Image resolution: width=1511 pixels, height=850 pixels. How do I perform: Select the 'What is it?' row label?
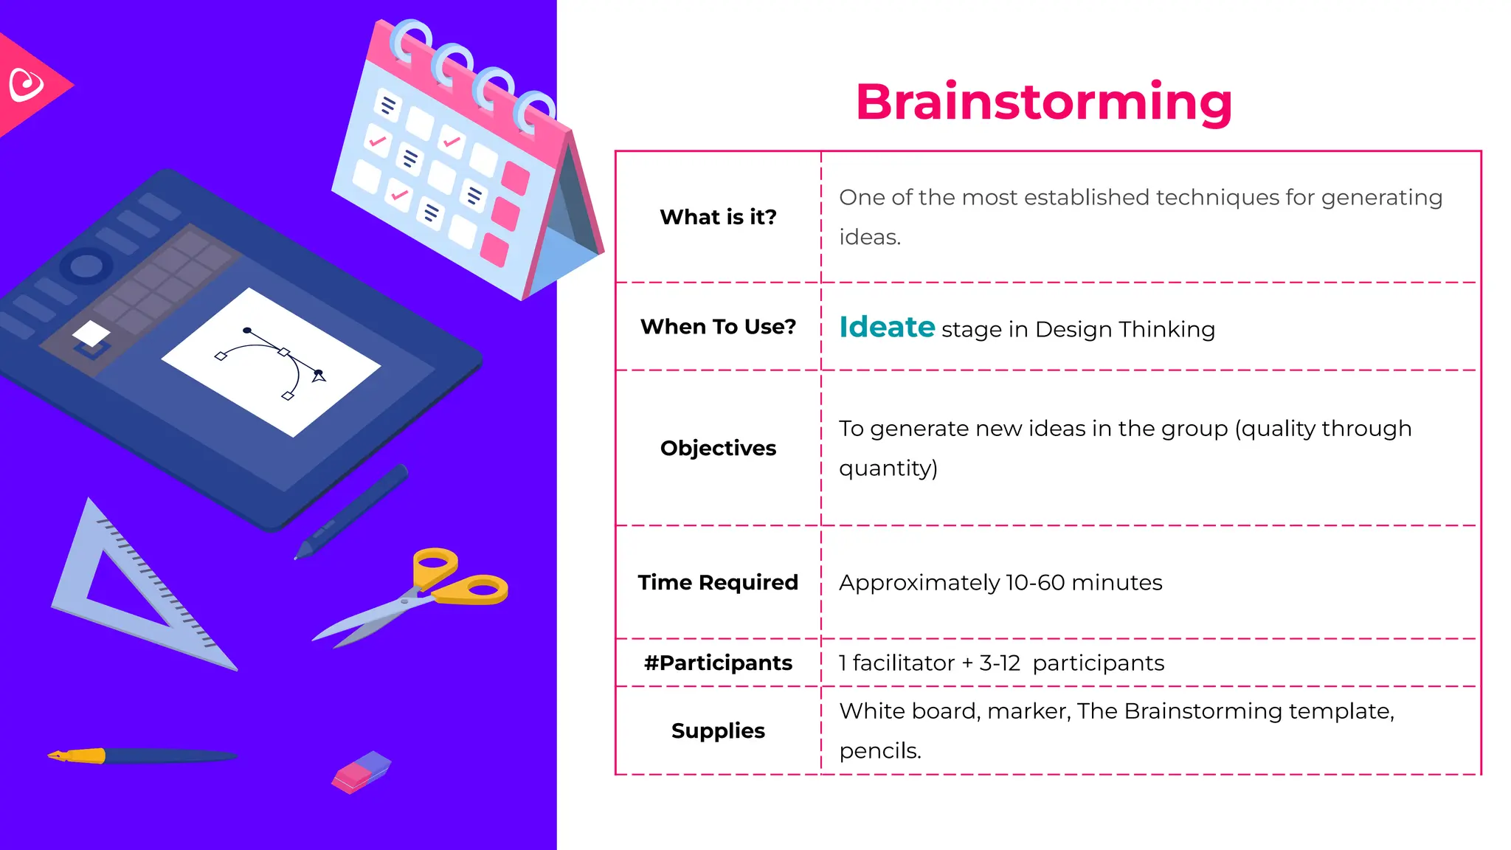pos(718,217)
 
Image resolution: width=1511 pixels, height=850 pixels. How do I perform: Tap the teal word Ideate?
pos(887,327)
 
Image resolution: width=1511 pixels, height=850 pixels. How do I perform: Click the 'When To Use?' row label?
pos(718,326)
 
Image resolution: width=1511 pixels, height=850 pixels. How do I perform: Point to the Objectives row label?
pos(718,448)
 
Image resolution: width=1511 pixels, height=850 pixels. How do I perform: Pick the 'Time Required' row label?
pos(718,582)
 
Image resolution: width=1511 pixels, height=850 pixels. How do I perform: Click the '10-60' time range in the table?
pos(1034,583)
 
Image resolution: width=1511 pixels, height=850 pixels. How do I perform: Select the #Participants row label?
pos(718,663)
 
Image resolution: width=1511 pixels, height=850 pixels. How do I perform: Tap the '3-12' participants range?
pos(999,663)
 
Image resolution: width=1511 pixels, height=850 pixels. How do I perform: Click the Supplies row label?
pos(718,730)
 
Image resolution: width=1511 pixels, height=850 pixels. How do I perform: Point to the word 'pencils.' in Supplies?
pos(880,751)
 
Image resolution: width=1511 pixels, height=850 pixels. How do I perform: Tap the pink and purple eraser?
pos(361,772)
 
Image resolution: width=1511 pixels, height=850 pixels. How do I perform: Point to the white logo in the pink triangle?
pos(27,85)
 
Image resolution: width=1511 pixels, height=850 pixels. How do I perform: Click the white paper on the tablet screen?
pos(272,362)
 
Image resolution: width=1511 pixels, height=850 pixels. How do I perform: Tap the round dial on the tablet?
pos(86,266)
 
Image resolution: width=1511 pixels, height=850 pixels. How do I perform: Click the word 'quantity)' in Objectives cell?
pos(888,469)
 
